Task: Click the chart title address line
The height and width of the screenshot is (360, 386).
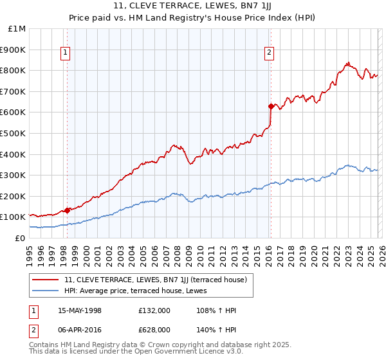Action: (192, 7)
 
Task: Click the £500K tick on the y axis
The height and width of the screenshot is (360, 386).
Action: (14, 133)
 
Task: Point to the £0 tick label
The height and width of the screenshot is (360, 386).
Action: (19, 238)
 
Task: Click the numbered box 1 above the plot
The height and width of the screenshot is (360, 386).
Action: (66, 53)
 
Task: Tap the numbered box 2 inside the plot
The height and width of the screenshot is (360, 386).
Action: (269, 53)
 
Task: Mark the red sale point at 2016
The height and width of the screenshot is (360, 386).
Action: (271, 106)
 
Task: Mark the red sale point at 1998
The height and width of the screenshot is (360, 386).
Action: (68, 210)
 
